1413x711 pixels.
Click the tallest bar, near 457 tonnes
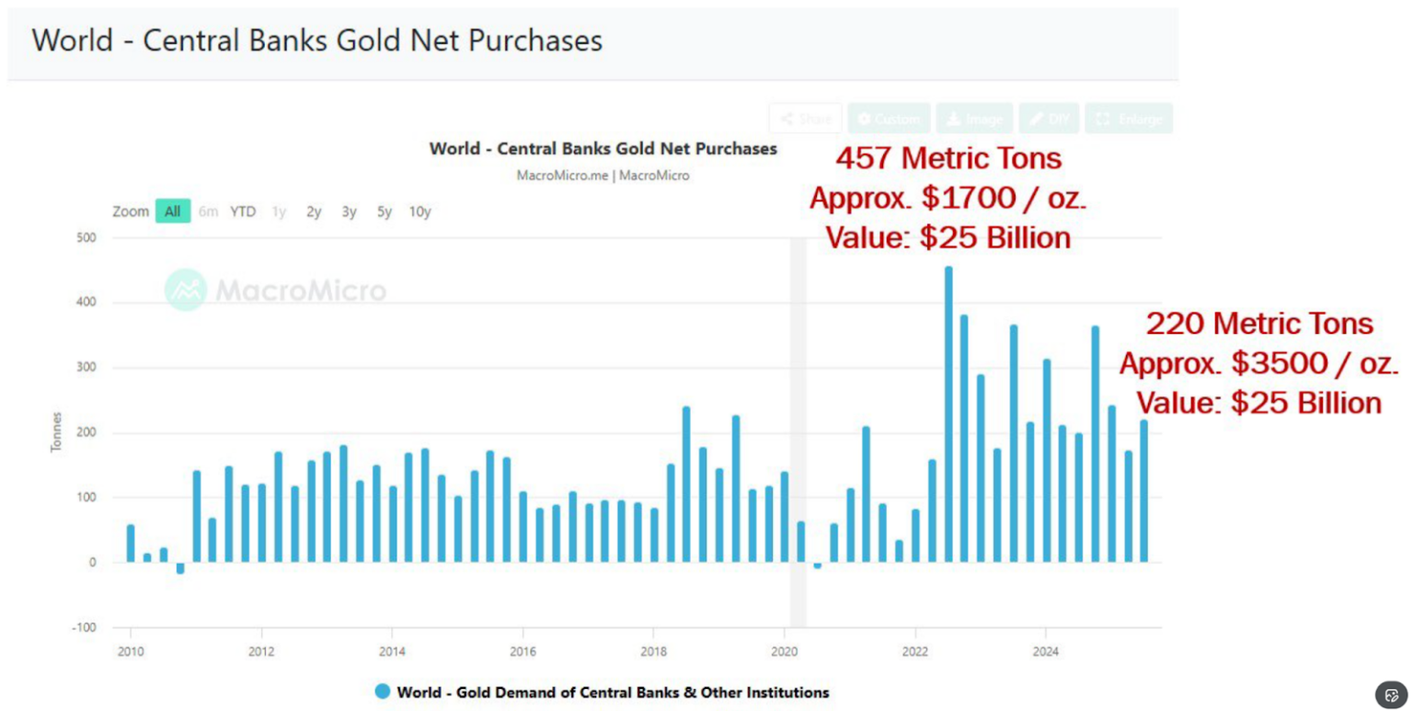click(x=948, y=414)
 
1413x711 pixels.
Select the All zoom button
click(x=173, y=212)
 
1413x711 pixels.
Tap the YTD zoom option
click(x=243, y=212)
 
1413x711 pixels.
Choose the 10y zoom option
click(x=419, y=212)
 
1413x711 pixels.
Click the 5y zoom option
click(x=384, y=212)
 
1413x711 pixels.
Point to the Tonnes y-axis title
click(x=57, y=432)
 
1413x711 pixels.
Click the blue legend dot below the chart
click(x=383, y=692)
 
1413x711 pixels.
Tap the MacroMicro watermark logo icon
click(x=186, y=290)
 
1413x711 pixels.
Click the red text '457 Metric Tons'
click(x=948, y=158)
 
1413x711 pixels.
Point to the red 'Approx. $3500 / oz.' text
click(x=1258, y=363)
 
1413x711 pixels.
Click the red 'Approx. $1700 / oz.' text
click(x=948, y=198)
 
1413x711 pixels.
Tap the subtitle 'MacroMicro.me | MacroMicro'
click(x=603, y=175)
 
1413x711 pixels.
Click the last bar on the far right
click(x=1144, y=491)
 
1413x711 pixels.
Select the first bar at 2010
click(x=131, y=544)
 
